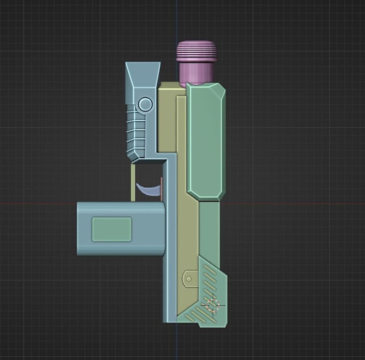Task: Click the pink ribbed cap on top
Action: (x=198, y=51)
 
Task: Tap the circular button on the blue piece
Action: (x=145, y=104)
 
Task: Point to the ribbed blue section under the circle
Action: (x=136, y=131)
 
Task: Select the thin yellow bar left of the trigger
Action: (x=133, y=182)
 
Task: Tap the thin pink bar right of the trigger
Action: (x=161, y=188)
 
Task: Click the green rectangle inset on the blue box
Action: (x=112, y=229)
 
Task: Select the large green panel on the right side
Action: (x=205, y=142)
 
